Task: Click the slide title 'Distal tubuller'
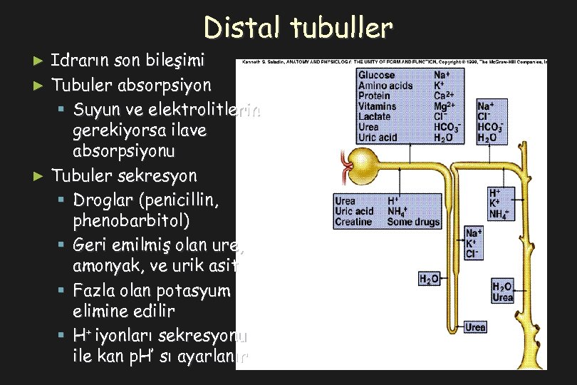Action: pos(298,27)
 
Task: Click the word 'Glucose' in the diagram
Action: pos(376,75)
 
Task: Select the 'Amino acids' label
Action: pos(385,86)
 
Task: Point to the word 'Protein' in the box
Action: pos(374,96)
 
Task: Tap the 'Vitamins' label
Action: pos(378,106)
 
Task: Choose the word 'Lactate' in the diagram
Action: pos(375,116)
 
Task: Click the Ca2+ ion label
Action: pos(446,96)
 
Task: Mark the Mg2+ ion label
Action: pos(446,106)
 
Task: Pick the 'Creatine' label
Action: pos(353,222)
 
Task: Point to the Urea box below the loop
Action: pos(475,327)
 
